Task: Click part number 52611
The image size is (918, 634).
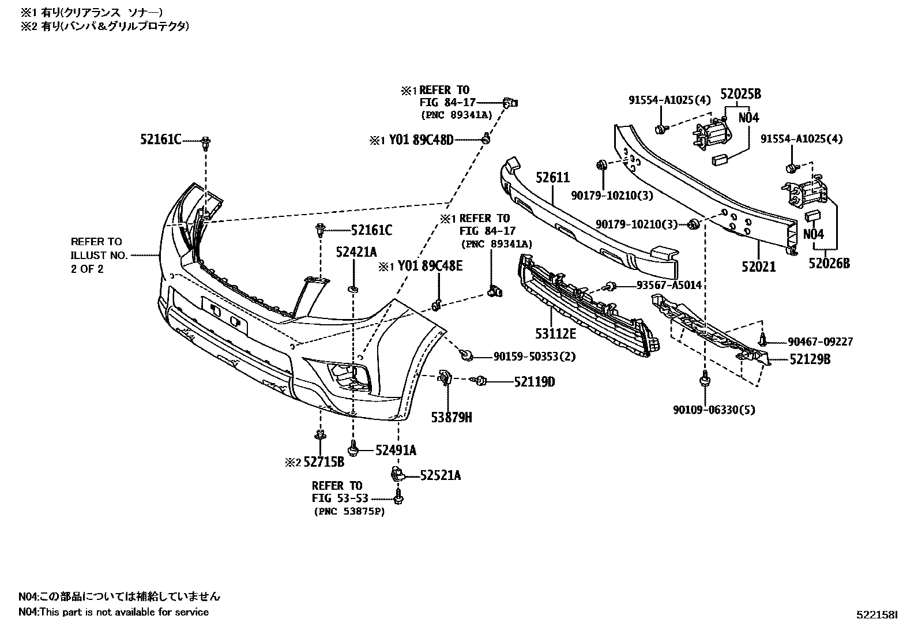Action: point(552,179)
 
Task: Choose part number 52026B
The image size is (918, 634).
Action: point(829,264)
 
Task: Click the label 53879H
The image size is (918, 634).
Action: point(451,417)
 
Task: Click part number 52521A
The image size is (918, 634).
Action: point(440,475)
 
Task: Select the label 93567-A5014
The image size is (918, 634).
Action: point(669,286)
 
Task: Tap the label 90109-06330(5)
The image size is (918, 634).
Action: point(713,410)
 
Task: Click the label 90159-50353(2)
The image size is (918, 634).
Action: point(534,357)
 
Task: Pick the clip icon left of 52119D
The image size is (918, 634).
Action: point(480,380)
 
